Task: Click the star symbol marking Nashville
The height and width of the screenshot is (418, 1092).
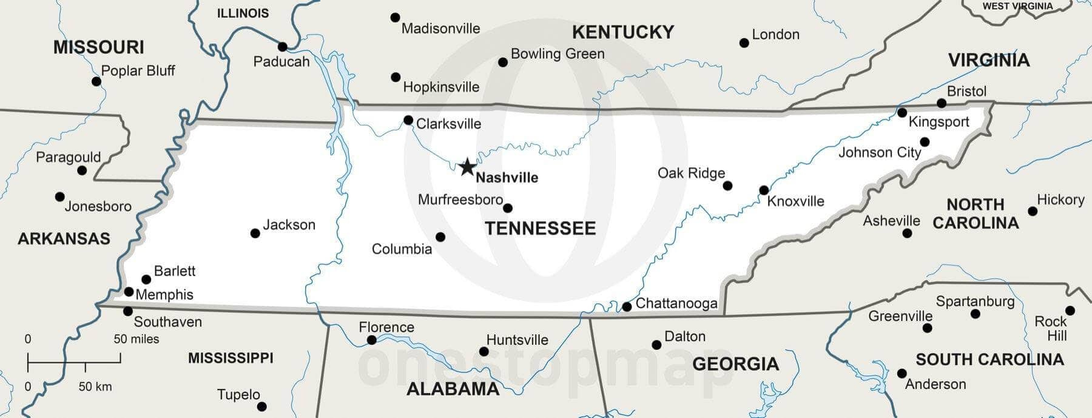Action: click(x=467, y=167)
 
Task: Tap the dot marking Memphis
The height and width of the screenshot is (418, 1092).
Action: click(x=129, y=292)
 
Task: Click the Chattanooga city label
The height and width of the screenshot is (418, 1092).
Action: click(x=676, y=303)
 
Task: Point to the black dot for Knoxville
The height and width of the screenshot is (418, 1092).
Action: click(x=764, y=190)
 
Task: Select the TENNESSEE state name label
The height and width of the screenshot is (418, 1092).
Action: click(x=540, y=228)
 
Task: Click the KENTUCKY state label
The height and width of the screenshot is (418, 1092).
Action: click(x=623, y=32)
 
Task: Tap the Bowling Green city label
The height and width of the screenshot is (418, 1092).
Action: click(x=558, y=54)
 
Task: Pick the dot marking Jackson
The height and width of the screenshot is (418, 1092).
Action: click(x=255, y=233)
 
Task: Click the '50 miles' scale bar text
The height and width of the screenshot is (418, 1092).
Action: click(x=136, y=339)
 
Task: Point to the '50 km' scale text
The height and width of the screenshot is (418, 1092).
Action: click(x=95, y=386)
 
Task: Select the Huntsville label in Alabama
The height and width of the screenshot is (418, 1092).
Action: click(x=517, y=340)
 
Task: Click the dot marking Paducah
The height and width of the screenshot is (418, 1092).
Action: click(x=282, y=47)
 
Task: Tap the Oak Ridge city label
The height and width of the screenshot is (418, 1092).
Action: click(x=691, y=174)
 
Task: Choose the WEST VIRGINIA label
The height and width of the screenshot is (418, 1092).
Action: click(x=1017, y=6)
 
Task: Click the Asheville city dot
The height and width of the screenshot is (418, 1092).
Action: click(x=907, y=233)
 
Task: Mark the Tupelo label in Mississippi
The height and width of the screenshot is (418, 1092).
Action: click(x=238, y=395)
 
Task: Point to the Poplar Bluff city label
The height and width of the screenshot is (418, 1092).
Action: click(x=138, y=71)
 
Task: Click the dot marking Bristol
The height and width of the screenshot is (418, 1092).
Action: click(x=942, y=103)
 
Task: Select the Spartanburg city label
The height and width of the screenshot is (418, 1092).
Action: click(x=975, y=302)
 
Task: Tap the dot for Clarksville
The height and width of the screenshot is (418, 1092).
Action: click(x=408, y=120)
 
